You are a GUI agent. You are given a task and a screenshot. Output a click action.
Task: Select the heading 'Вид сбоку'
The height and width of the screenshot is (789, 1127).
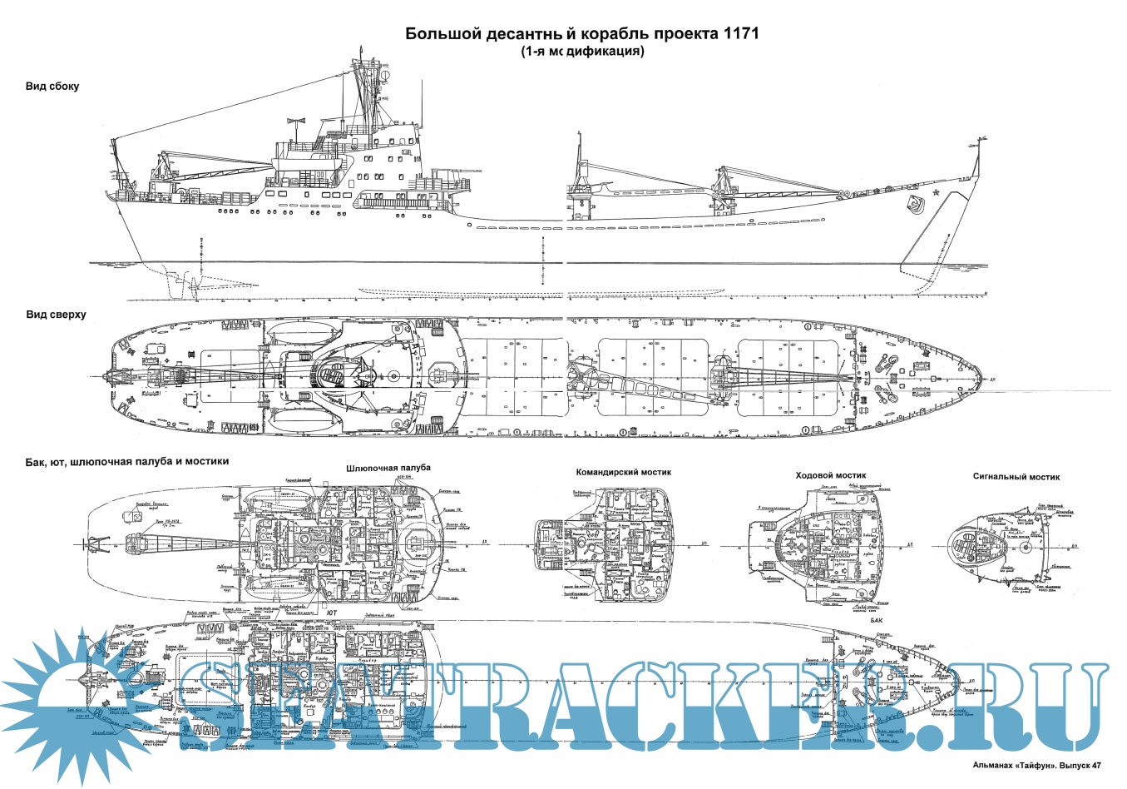pos(52,87)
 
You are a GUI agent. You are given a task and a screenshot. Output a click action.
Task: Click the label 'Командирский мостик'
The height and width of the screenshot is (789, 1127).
pos(623,472)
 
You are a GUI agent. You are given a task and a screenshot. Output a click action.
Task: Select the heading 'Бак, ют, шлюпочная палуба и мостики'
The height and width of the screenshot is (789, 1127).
pos(127,460)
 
